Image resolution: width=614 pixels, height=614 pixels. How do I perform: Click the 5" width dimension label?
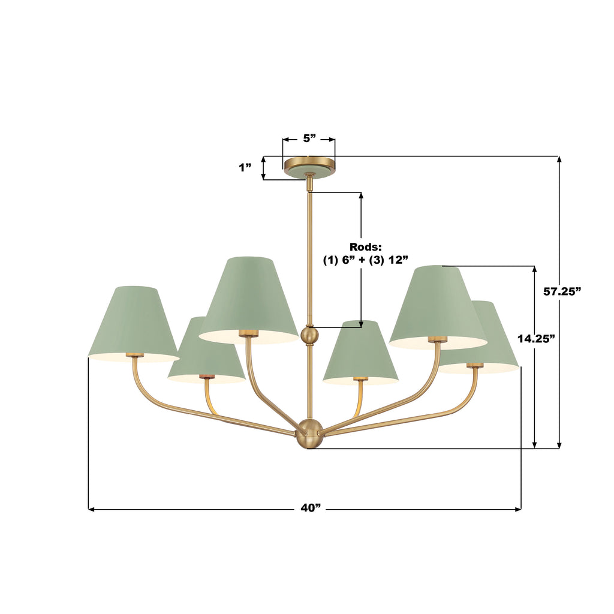click(309, 139)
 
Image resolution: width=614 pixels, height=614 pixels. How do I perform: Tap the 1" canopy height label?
click(245, 168)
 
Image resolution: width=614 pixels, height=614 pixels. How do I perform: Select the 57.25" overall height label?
click(562, 291)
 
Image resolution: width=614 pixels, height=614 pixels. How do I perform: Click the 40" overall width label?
click(311, 508)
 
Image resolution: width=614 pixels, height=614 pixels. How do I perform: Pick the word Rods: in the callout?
click(366, 247)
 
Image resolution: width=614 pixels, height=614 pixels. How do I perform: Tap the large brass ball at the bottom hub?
click(309, 434)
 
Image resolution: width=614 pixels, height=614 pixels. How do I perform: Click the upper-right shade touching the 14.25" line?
click(437, 306)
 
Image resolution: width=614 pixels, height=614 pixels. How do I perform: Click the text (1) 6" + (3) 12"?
click(366, 260)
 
